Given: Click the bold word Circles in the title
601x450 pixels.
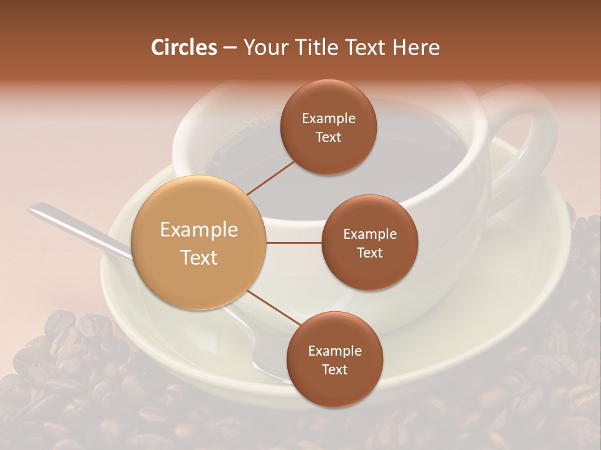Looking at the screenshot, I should pyautogui.click(x=183, y=47).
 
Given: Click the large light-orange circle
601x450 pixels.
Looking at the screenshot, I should pyautogui.click(x=199, y=242).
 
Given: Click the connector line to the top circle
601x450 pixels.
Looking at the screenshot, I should pyautogui.click(x=271, y=176).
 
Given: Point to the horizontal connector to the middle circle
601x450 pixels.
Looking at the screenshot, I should pyautogui.click(x=294, y=242).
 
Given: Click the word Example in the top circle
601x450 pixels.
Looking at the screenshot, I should pyautogui.click(x=329, y=119).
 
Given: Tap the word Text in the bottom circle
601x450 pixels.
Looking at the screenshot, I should pyautogui.click(x=335, y=370).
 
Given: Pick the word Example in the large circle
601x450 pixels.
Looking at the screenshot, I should pyautogui.click(x=199, y=230).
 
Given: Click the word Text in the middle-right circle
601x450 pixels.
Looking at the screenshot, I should pyautogui.click(x=370, y=252).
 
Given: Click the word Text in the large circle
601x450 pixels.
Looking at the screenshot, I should pyautogui.click(x=199, y=257).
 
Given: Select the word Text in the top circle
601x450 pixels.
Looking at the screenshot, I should pyautogui.click(x=329, y=137).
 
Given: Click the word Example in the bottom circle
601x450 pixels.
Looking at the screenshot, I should pyautogui.click(x=335, y=351).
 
